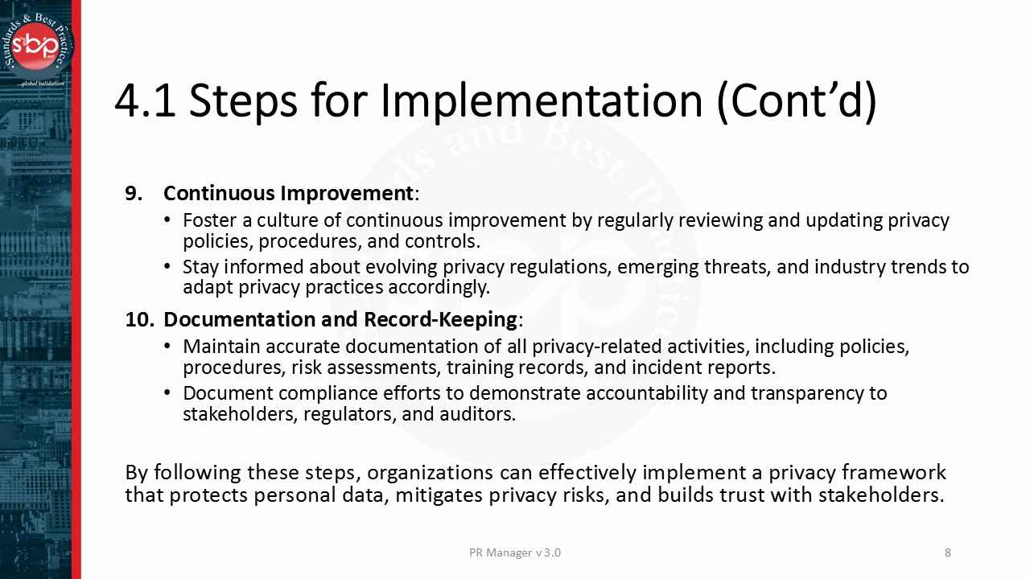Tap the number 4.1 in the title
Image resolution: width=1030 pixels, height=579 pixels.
(145, 101)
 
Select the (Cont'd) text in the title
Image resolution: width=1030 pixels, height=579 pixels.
(796, 101)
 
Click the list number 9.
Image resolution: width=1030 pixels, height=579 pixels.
(134, 194)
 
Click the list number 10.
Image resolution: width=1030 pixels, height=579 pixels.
(138, 319)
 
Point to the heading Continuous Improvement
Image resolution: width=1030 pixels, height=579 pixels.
(288, 194)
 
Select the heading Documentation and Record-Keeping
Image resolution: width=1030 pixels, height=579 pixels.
(340, 319)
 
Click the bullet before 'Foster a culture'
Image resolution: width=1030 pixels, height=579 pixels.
(167, 220)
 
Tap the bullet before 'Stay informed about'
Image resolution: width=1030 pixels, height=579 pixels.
(167, 266)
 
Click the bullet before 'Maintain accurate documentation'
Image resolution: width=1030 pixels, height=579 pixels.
(167, 347)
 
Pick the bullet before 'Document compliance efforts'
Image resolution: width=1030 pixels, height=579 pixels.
(167, 393)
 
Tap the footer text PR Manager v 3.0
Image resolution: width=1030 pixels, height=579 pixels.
(515, 552)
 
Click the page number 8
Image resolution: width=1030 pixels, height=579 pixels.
(948, 552)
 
